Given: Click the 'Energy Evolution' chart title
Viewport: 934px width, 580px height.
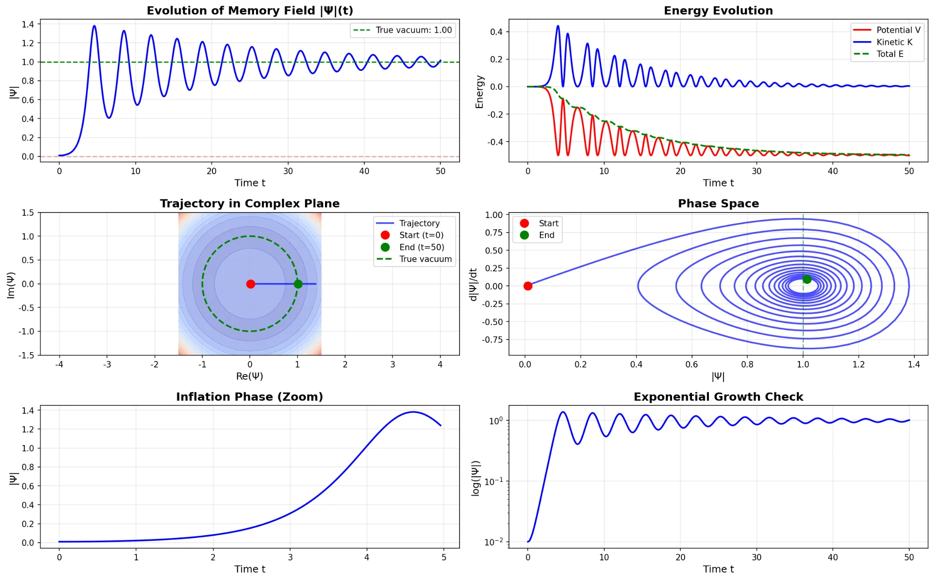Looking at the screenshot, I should [718, 11].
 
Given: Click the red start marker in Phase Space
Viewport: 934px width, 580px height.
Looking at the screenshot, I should [528, 286].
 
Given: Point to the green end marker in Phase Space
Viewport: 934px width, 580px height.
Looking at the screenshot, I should [807, 279].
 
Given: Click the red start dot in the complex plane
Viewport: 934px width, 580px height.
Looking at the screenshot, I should [251, 284].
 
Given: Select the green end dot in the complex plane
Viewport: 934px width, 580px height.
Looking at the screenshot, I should [298, 284].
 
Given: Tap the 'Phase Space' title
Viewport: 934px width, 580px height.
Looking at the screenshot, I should [718, 204].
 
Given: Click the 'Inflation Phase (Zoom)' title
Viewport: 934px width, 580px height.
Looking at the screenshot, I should [249, 397].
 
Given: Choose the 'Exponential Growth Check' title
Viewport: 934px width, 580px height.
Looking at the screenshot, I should [718, 397].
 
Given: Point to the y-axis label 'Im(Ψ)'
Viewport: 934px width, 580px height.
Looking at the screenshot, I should [11, 285].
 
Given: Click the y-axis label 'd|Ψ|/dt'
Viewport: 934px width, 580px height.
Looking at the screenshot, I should [473, 284].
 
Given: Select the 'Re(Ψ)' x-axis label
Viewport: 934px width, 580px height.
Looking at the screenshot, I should [249, 376].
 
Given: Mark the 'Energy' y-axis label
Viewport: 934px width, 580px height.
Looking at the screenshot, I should [479, 92].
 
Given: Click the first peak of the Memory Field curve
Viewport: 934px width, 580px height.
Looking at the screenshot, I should [94, 26].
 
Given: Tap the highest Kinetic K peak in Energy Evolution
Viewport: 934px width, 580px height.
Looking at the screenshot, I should [558, 26].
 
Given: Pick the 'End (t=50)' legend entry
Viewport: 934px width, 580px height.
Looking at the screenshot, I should [421, 247].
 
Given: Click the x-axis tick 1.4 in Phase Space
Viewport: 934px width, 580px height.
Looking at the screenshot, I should [914, 364].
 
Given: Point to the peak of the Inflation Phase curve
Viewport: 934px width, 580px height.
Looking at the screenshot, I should [413, 412].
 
